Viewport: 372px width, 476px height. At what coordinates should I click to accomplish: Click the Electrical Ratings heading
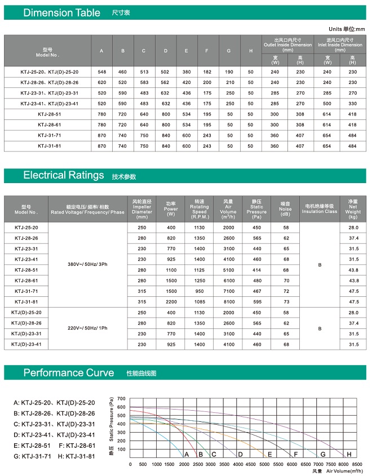click(63, 175)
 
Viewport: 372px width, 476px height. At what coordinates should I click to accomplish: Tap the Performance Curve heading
click(68, 373)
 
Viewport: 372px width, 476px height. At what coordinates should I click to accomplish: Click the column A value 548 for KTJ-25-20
click(101, 72)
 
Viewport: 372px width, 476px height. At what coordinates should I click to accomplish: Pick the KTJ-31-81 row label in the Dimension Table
click(48, 146)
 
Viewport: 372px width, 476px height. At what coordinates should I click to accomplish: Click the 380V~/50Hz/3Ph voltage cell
click(87, 264)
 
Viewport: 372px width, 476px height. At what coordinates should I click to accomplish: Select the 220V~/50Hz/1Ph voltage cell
click(87, 328)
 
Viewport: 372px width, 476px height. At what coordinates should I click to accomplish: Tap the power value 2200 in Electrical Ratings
click(171, 301)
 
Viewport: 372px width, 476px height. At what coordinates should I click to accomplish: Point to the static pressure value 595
click(257, 301)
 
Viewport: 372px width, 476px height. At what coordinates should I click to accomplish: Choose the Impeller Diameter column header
click(142, 208)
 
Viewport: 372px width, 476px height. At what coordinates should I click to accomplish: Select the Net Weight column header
click(353, 208)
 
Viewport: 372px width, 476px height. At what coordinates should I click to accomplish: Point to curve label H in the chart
click(349, 454)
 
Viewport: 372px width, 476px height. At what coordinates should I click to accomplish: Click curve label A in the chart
click(187, 454)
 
